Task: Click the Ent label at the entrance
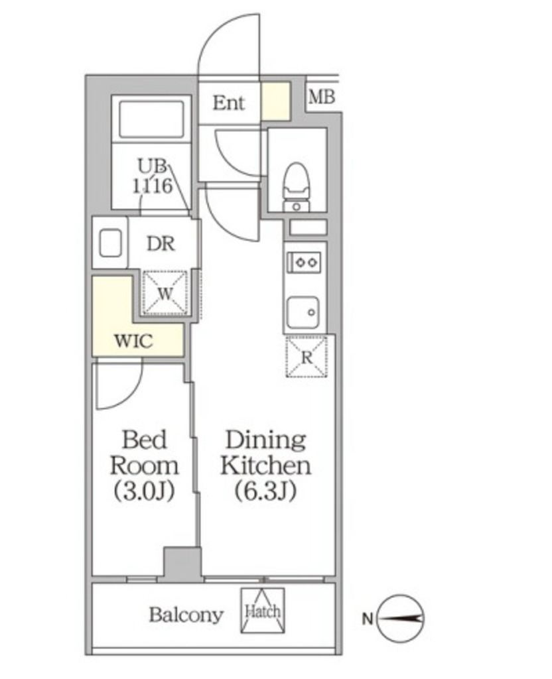coord(228,103)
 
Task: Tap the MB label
coord(322,97)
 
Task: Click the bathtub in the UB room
coord(151,119)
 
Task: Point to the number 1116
coord(153,186)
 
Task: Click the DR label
coord(161,244)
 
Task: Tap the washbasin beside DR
coord(110,243)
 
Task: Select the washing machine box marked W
coord(165,292)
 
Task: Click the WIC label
coord(133,341)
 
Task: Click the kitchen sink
coord(303,312)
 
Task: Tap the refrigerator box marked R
coord(307,357)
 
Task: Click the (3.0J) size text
coord(144,491)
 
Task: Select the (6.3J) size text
coord(265,491)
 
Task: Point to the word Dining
coord(265,441)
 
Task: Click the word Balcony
coord(186,615)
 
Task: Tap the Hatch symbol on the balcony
coord(263,611)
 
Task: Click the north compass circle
coord(400,618)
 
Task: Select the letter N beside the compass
coord(368,619)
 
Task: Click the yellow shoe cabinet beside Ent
coord(275,101)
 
